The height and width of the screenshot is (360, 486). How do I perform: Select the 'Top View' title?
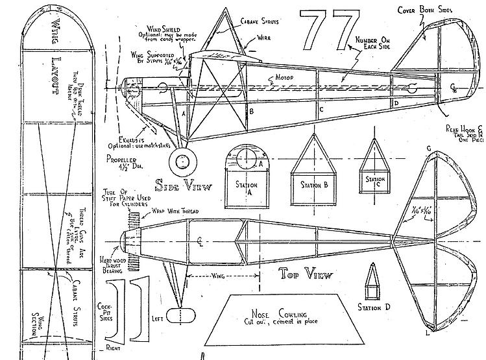pos(306,273)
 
